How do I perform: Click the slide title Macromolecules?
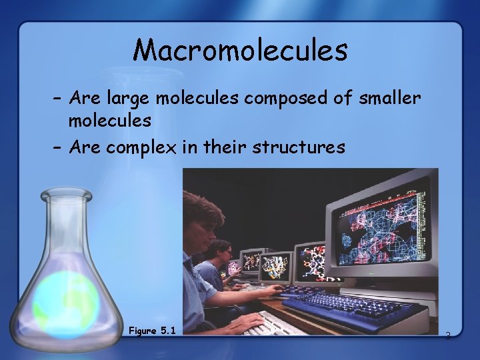pos(240,51)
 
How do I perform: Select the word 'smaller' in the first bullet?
pos(389,99)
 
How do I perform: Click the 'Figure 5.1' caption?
pos(152,331)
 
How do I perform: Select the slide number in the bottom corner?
pos(447,335)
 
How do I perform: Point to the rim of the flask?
pos(65,195)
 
